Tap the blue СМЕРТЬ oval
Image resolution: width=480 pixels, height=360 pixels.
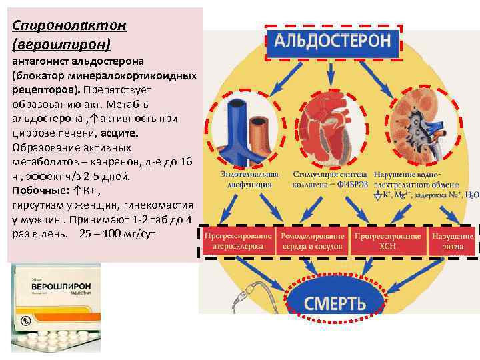335,303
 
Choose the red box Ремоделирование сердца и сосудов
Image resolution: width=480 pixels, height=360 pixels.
313,241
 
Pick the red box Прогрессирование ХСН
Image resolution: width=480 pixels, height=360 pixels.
387,241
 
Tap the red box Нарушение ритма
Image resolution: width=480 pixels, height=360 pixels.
453,241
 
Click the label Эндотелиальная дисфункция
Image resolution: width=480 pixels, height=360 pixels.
246,178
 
